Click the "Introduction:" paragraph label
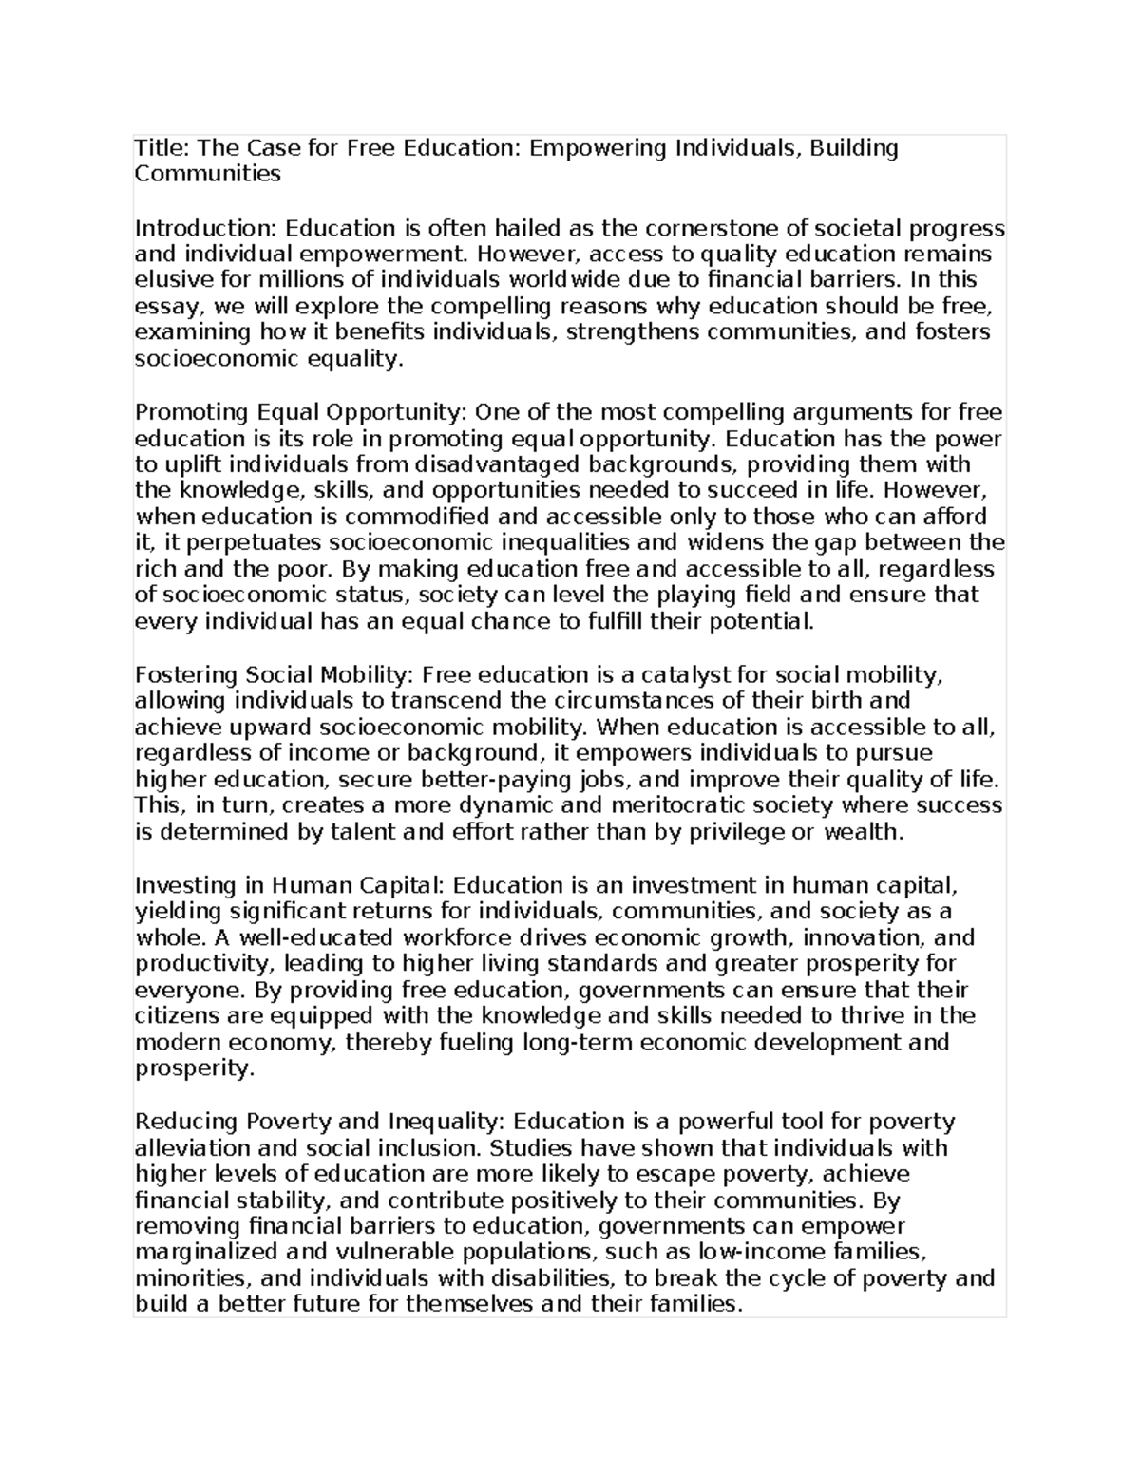pos(207,228)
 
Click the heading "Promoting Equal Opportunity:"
pos(301,412)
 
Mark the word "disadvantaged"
pos(496,464)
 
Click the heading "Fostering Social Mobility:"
pos(275,675)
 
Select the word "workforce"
pos(450,937)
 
